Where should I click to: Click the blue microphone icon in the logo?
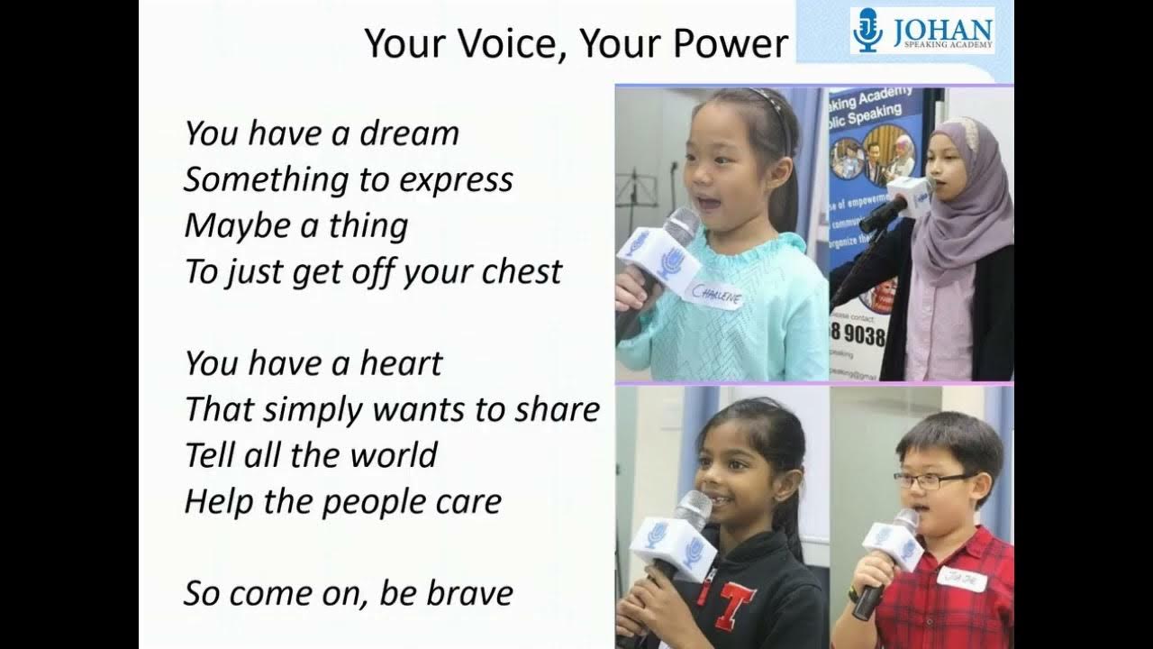click(x=867, y=30)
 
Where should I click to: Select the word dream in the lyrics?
click(x=410, y=133)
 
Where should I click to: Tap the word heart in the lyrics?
click(x=401, y=363)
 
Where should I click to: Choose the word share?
click(x=558, y=410)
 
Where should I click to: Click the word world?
click(x=394, y=455)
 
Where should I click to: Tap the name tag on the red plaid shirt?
click(x=961, y=578)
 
